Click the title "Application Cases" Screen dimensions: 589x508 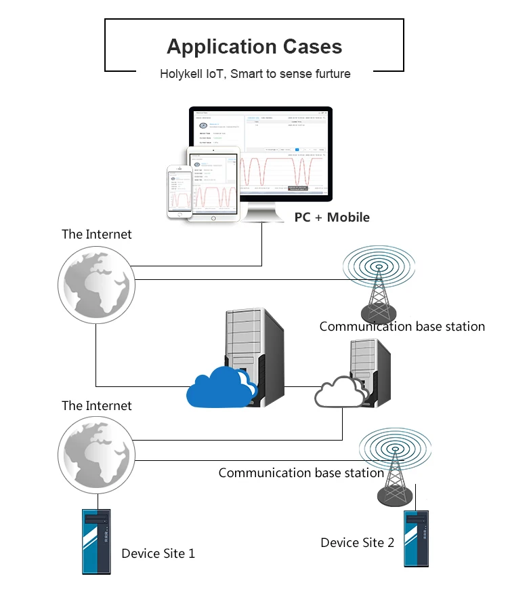(x=254, y=47)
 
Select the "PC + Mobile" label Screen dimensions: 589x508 (x=332, y=218)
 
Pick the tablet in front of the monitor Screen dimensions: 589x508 (x=213, y=183)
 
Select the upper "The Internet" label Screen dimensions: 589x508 (x=97, y=235)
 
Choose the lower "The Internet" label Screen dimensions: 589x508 (x=97, y=406)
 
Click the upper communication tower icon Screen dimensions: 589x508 (x=377, y=281)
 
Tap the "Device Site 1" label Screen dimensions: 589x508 (x=158, y=554)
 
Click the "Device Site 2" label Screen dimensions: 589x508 (x=357, y=542)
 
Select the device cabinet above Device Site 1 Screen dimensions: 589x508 (x=96, y=541)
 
